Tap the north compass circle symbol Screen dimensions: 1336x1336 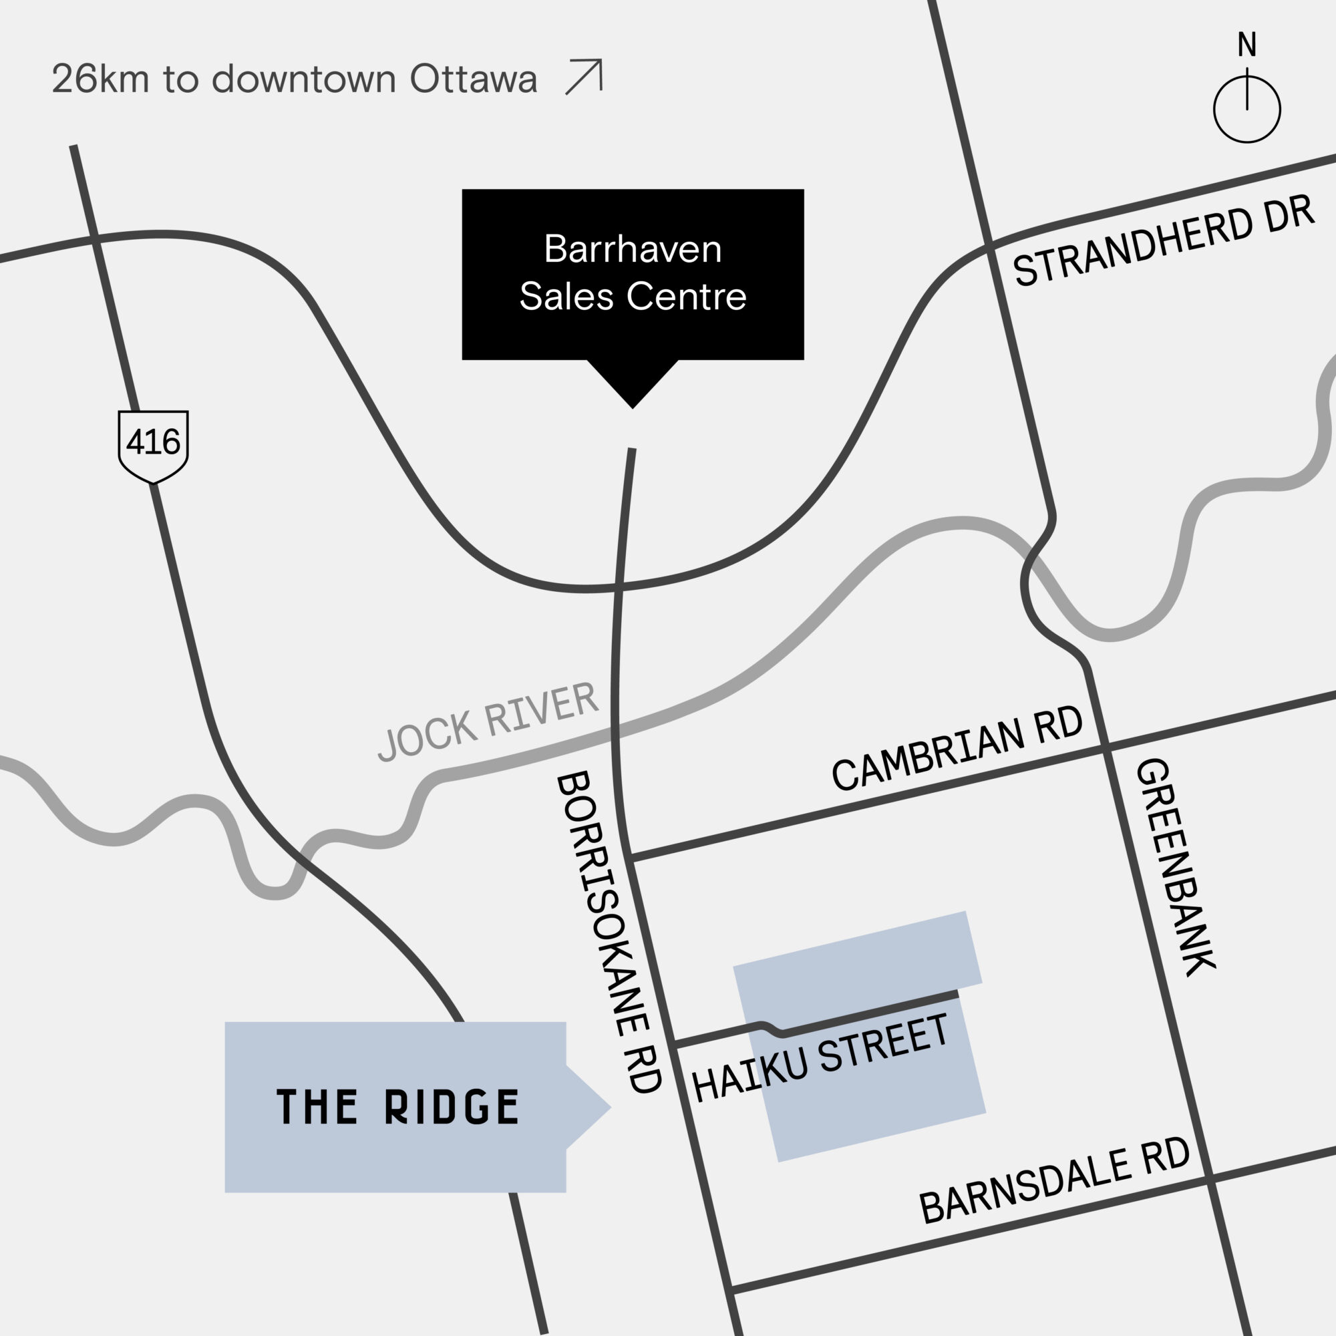click(1246, 110)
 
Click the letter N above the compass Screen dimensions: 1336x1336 click(1246, 45)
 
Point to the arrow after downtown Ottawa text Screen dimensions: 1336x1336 click(584, 77)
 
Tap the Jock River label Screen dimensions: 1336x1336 click(488, 721)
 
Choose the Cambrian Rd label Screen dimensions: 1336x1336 click(957, 748)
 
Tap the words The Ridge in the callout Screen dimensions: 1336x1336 click(397, 1107)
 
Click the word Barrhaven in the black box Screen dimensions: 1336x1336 click(633, 249)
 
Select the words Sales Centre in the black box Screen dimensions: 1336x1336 click(633, 297)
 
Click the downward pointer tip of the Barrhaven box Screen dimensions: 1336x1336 click(633, 406)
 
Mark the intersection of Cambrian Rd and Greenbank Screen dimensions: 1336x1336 click(1105, 747)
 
